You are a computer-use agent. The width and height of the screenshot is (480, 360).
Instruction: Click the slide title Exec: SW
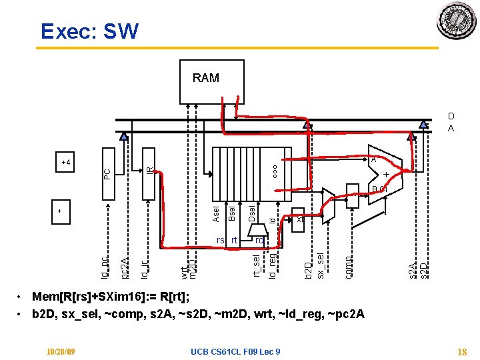tap(89, 31)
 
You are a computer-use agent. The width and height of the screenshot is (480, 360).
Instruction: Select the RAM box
tap(205, 79)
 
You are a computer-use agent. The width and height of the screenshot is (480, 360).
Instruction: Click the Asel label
tap(216, 214)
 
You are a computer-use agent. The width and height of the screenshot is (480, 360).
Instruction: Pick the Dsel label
tap(252, 213)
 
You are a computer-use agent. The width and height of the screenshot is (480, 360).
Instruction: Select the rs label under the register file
tap(220, 240)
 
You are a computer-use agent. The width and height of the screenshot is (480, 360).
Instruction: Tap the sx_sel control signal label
tap(321, 266)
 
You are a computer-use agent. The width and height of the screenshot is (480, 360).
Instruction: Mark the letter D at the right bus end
tap(451, 115)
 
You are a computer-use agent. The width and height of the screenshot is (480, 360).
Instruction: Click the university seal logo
tap(456, 21)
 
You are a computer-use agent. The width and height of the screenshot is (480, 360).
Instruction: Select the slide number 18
tap(461, 351)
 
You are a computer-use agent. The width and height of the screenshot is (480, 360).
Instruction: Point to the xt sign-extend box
tap(299, 219)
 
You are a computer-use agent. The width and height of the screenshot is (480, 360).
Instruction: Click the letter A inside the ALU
tap(373, 160)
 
